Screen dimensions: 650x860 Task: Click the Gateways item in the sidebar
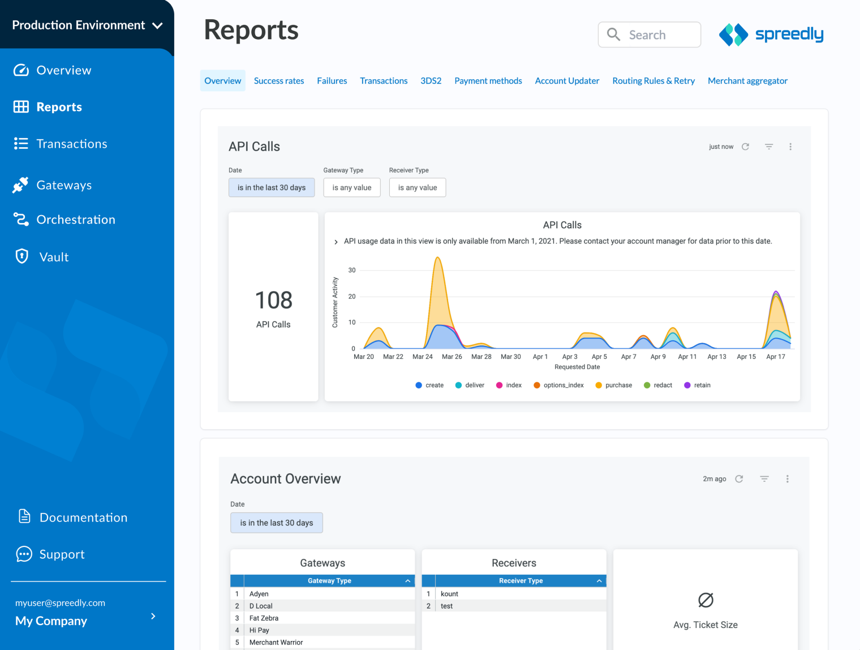tap(63, 185)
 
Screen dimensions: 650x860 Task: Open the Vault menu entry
tap(53, 257)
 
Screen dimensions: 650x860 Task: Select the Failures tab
tap(332, 81)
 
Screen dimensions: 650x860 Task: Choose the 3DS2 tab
tap(431, 81)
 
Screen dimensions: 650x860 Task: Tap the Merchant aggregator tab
tap(747, 81)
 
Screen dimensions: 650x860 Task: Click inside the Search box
tap(656, 35)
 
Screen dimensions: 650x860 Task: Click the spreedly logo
tap(771, 35)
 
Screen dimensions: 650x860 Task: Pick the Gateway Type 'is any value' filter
tap(351, 187)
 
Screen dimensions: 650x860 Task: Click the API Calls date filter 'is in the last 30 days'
tap(272, 187)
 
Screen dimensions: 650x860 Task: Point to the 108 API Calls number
tap(273, 300)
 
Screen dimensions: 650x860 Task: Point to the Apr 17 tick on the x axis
tap(775, 357)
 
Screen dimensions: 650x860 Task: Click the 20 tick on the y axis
tap(352, 296)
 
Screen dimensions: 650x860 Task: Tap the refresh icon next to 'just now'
tap(745, 147)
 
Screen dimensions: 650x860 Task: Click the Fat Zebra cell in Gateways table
tap(264, 618)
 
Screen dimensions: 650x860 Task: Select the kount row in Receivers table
tap(449, 594)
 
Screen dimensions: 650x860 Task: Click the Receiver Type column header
tap(521, 581)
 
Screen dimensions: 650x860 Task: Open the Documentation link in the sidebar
tap(83, 518)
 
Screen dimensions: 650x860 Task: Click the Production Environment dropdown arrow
tap(158, 25)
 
